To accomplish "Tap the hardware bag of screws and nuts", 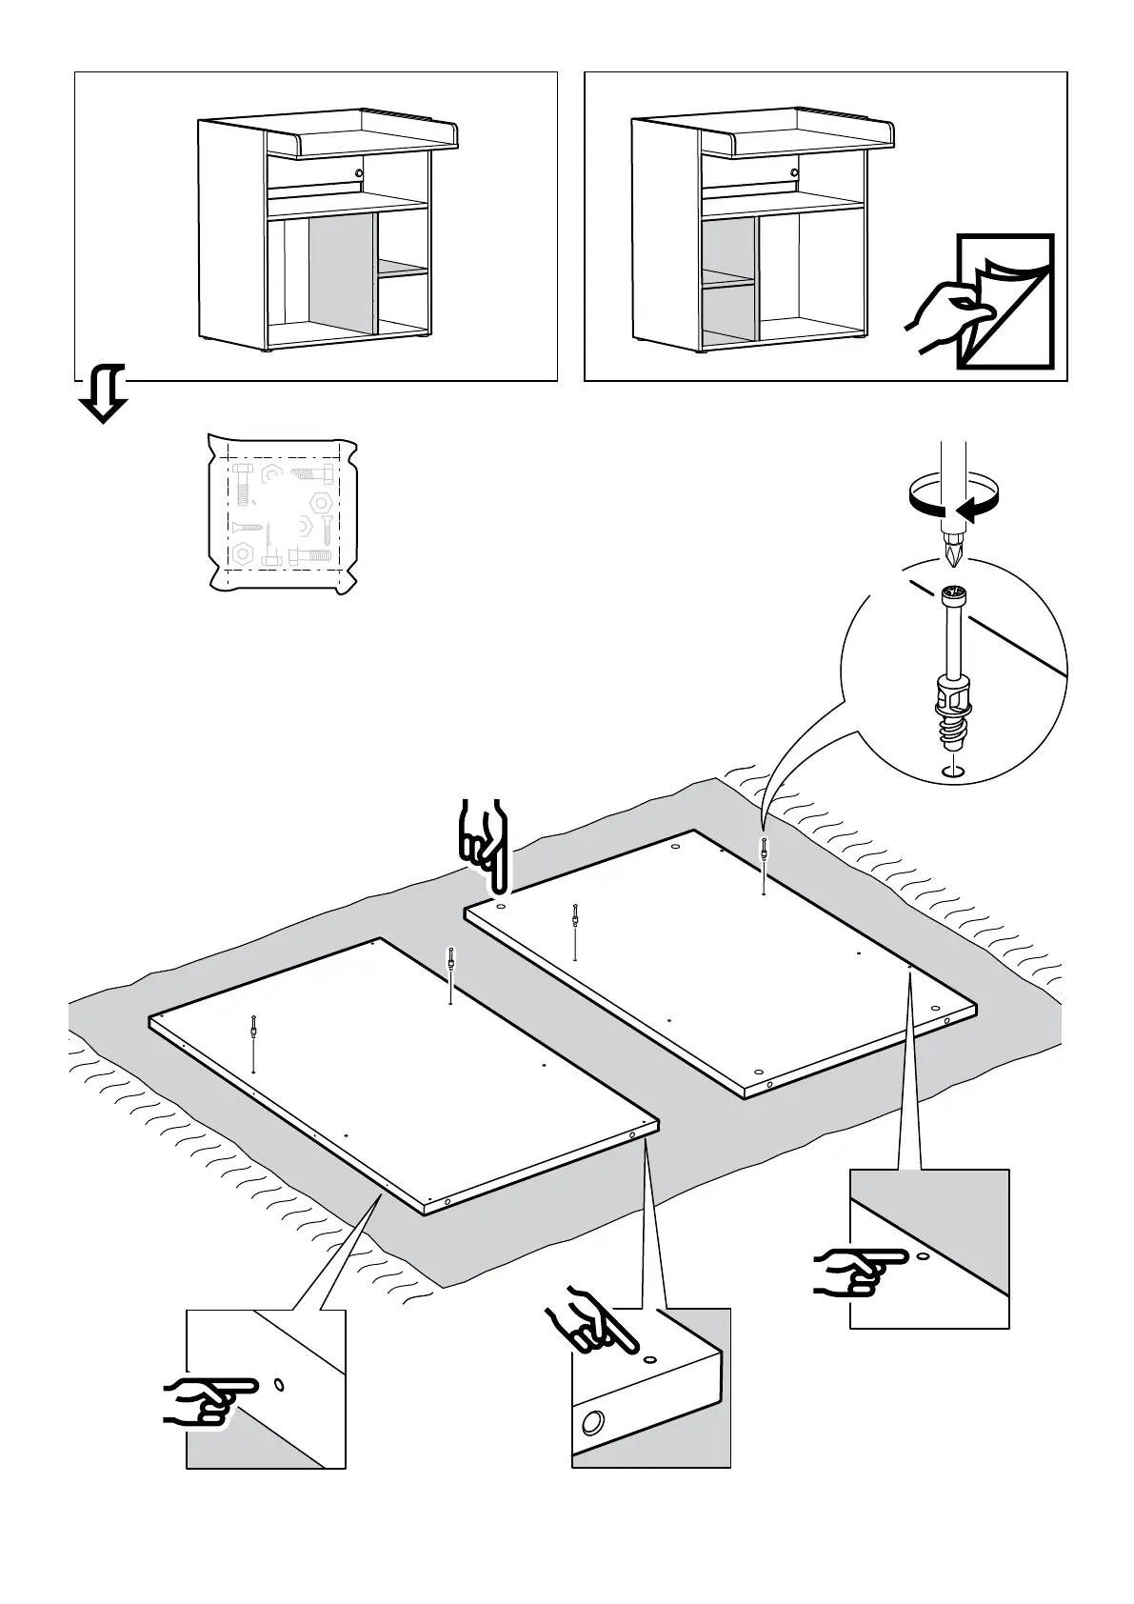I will point(282,514).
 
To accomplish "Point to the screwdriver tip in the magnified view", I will point(953,550).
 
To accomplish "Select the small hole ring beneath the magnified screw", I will point(953,771).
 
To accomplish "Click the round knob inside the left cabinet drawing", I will point(358,173).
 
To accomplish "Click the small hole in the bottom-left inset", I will point(279,1383).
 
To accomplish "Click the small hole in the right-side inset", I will point(922,1257).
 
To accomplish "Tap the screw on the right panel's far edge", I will point(765,851).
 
